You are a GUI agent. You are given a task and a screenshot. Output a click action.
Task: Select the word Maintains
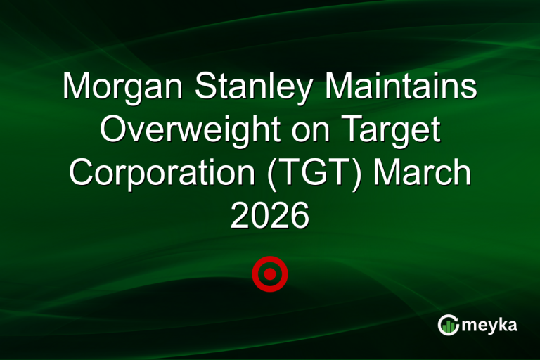[408, 89]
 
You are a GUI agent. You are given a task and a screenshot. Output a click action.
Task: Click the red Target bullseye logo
[270, 274]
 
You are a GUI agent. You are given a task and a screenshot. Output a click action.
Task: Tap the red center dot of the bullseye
[270, 274]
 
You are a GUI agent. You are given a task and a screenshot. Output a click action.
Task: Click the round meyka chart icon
[448, 325]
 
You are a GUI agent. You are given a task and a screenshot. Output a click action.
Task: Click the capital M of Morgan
[75, 89]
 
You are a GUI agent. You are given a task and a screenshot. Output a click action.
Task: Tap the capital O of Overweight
[112, 131]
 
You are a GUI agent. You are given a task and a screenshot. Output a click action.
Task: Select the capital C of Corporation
[82, 173]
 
